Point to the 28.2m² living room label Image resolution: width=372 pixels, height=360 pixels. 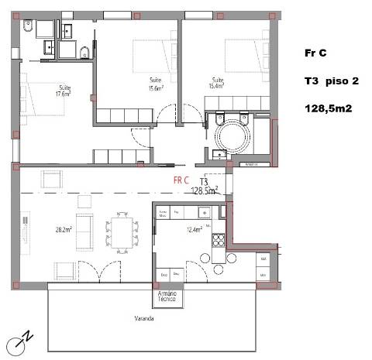click(x=64, y=229)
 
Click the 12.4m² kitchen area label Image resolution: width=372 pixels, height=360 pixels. click(x=195, y=230)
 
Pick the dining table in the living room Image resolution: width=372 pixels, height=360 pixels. click(x=122, y=231)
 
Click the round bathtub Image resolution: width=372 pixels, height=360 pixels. click(x=232, y=139)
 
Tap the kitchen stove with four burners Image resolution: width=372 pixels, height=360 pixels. click(x=220, y=238)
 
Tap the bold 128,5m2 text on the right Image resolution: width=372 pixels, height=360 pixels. click(x=329, y=109)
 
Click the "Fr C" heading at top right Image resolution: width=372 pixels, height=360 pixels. click(x=316, y=53)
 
